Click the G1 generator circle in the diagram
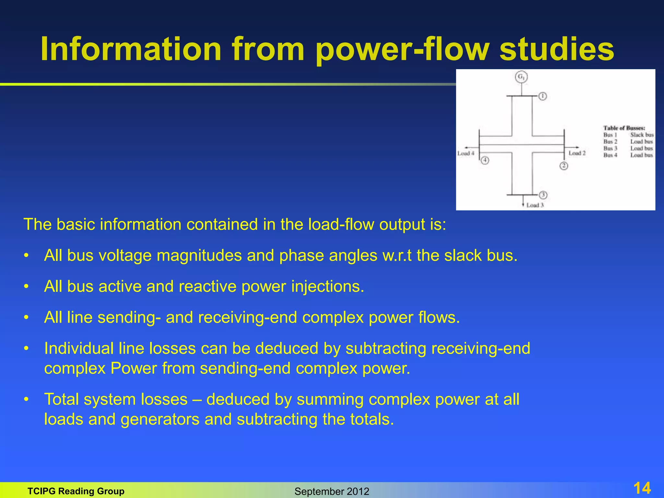click(x=521, y=77)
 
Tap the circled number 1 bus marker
click(x=543, y=96)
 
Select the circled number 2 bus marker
click(x=564, y=166)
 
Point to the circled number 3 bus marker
click(x=543, y=195)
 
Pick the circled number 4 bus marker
click(x=485, y=160)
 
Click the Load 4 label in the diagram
click(x=466, y=153)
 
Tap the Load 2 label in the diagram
click(x=577, y=153)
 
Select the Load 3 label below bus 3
click(x=535, y=205)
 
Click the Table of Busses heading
click(x=624, y=128)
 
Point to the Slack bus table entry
click(x=642, y=135)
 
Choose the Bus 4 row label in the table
click(x=610, y=155)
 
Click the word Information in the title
click(x=131, y=49)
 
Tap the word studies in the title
click(x=556, y=49)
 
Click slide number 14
click(x=642, y=488)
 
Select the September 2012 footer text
click(x=332, y=492)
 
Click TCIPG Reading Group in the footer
click(x=76, y=491)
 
